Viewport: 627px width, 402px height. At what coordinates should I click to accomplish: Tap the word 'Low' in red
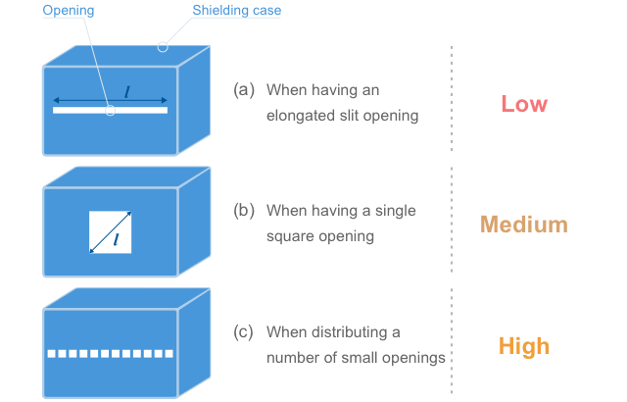[524, 104]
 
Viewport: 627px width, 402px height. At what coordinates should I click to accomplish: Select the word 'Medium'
[523, 225]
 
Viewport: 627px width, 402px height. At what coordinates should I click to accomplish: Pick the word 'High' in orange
[523, 346]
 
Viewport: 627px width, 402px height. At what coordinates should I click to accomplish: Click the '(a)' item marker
[244, 90]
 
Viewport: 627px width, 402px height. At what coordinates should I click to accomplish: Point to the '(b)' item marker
[244, 211]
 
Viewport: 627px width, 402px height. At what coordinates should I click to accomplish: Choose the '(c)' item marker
[244, 332]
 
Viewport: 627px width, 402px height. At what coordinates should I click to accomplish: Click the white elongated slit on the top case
[78, 111]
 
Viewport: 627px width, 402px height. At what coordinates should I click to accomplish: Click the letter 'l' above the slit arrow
[126, 92]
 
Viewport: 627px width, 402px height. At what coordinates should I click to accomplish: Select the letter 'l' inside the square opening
[117, 238]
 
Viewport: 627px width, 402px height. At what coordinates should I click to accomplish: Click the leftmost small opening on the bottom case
[51, 353]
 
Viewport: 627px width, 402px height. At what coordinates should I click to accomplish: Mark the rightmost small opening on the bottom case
[169, 353]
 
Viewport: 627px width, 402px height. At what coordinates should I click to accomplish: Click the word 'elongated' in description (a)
[302, 116]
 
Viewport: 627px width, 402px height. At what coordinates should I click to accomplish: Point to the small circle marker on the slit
[110, 111]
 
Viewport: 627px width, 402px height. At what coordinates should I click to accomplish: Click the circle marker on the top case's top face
[164, 44]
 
